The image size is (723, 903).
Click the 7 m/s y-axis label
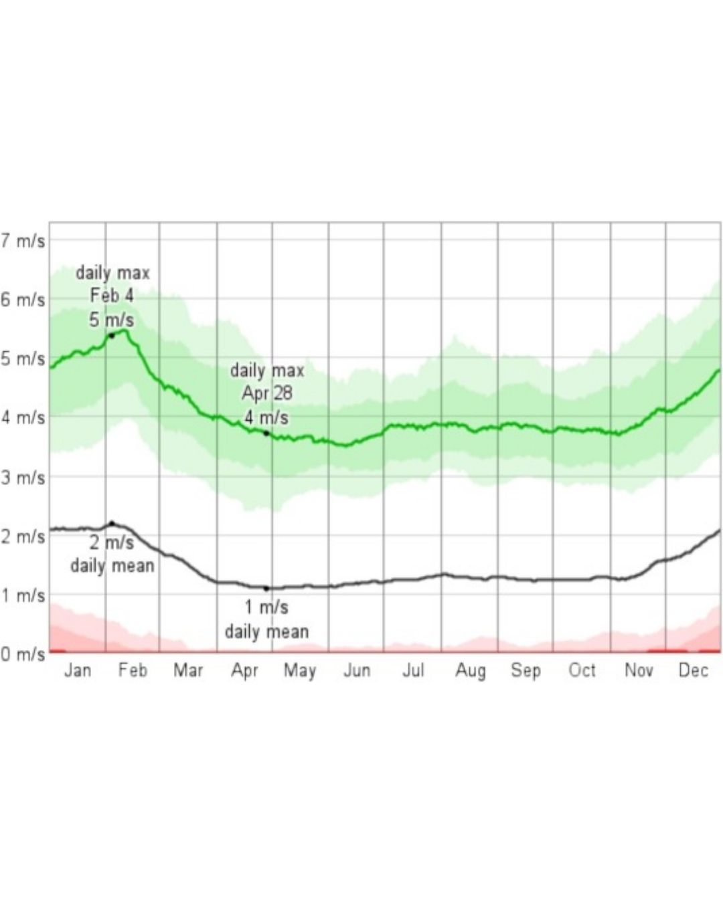(x=22, y=241)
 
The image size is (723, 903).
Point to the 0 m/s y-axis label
(x=22, y=654)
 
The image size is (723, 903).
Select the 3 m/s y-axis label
(x=22, y=478)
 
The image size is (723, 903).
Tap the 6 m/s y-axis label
(x=22, y=300)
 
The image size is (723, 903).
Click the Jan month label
(x=78, y=670)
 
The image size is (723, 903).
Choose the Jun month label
(x=357, y=670)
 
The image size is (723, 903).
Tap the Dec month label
(x=693, y=670)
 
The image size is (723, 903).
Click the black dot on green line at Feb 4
(x=112, y=336)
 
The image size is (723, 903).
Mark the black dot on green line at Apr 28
(x=266, y=433)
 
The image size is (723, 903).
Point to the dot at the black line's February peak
(x=112, y=523)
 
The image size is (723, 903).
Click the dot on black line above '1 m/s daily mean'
(x=266, y=589)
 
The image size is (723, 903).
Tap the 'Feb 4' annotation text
(x=112, y=296)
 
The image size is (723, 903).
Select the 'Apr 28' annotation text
(x=267, y=394)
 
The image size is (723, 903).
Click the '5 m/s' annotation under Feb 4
(x=112, y=320)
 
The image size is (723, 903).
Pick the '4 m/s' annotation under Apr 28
(x=266, y=417)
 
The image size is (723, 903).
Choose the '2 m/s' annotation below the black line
(x=112, y=543)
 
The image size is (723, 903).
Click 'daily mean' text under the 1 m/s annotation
(x=267, y=631)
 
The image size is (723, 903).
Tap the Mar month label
(x=188, y=670)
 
